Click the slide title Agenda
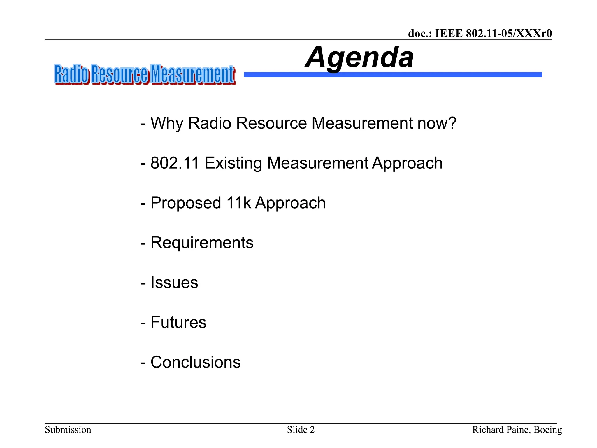(359, 57)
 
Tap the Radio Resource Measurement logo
(145, 75)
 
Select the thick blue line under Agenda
(392, 75)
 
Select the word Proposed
(186, 203)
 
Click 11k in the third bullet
(238, 203)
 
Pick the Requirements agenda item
(202, 243)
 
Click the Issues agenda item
(174, 282)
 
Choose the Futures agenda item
(178, 322)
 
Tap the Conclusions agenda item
(195, 362)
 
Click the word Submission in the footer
(68, 430)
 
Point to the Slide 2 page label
(301, 430)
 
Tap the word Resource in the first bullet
(271, 123)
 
